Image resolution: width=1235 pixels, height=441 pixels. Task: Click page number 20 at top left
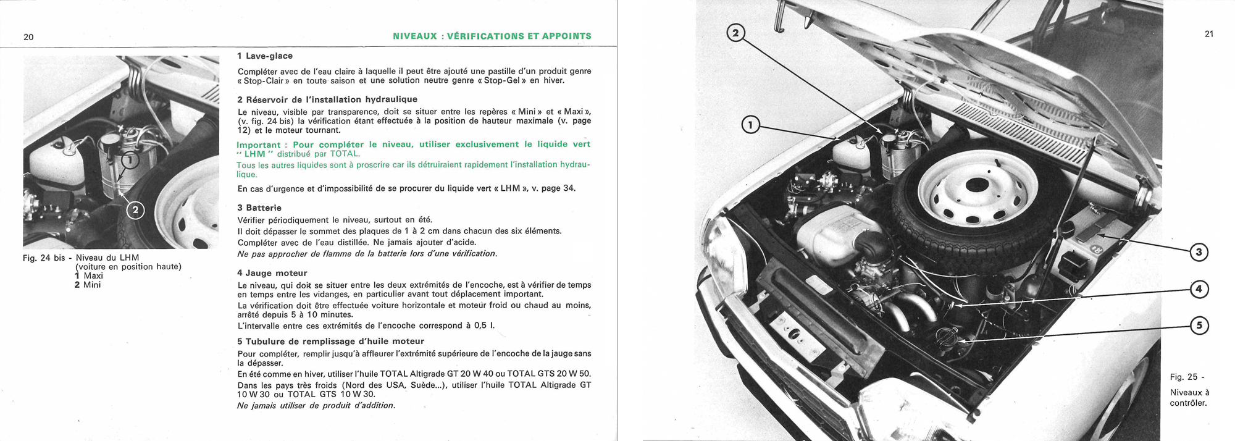[28, 37]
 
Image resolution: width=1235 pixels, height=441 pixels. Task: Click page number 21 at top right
[1208, 34]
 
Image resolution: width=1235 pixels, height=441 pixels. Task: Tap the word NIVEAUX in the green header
[414, 36]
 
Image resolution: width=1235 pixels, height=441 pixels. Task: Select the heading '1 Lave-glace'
[265, 56]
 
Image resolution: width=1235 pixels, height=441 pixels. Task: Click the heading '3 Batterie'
[259, 208]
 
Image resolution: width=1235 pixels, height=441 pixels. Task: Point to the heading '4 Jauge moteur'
[272, 273]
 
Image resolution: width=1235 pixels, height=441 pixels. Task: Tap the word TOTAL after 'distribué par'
[345, 154]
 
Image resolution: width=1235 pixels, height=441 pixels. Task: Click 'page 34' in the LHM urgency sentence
[558, 188]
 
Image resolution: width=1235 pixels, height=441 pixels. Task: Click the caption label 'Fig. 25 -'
[1186, 377]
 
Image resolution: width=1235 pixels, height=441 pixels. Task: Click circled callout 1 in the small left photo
[130, 161]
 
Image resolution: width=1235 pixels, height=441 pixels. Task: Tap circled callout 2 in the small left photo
[135, 211]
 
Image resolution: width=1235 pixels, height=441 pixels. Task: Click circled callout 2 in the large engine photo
[735, 33]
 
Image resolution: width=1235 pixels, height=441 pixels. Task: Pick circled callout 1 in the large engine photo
[750, 126]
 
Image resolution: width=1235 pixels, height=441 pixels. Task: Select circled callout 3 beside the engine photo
[1198, 252]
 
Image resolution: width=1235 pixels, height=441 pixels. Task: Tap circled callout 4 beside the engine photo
[1198, 289]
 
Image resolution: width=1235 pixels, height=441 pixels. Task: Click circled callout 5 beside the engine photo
[1198, 325]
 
